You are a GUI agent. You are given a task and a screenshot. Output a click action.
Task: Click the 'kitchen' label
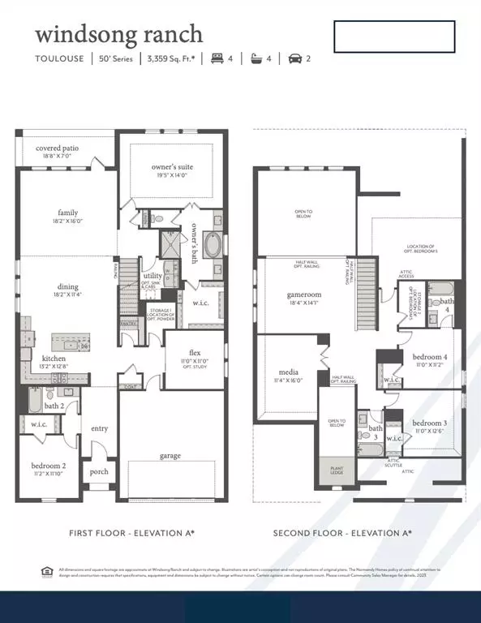pyautogui.click(x=54, y=359)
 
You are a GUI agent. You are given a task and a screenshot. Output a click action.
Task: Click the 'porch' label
pyautogui.click(x=99, y=472)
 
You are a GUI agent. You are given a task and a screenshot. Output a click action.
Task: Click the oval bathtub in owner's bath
pyautogui.click(x=211, y=244)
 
